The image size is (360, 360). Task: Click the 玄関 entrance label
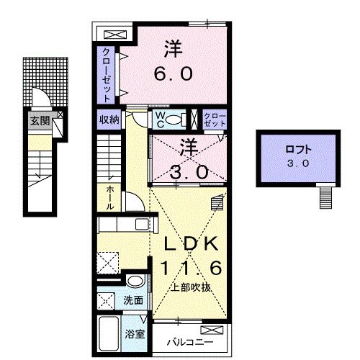pos(40,121)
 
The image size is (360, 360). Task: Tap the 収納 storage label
pos(109,120)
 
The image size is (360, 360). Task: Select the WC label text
pos(160,120)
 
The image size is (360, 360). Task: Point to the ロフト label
pos(298,150)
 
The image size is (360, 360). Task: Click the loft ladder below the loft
pos(326,198)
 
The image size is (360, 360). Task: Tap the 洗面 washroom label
pos(133,300)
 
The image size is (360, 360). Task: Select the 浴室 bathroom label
pos(135,334)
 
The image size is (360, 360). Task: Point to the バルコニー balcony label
pos(190,342)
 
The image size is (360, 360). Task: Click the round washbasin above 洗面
pos(135,281)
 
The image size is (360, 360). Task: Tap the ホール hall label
pos(110,198)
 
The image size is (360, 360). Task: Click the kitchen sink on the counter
pos(143,225)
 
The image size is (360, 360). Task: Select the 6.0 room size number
pos(173,73)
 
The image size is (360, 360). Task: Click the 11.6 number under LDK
pos(191,268)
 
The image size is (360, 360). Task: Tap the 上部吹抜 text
pos(191,287)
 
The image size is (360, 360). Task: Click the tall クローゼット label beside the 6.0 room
pos(106,75)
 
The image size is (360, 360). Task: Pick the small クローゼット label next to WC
pos(215,120)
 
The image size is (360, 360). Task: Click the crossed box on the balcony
pos(212,330)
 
